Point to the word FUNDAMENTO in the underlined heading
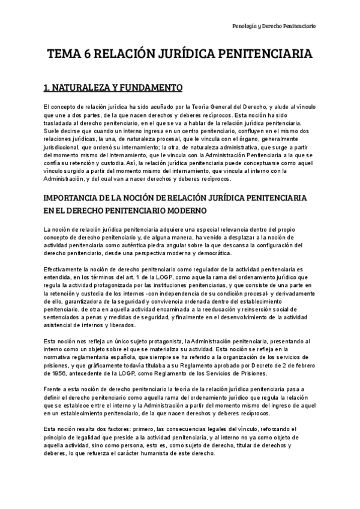(148, 89)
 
